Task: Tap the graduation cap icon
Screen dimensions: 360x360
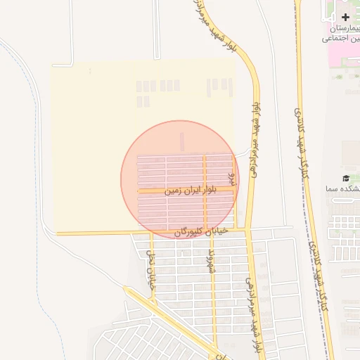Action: pos(345,179)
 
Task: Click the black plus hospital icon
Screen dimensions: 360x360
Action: pos(345,16)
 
